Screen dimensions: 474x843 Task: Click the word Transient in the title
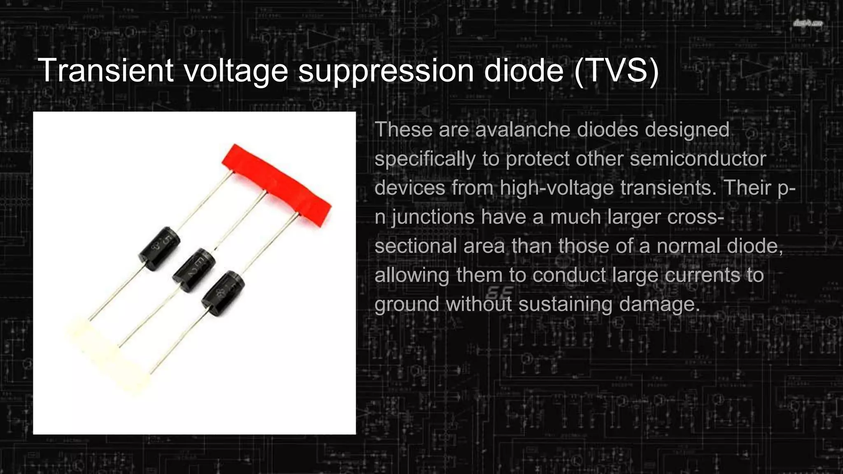click(105, 71)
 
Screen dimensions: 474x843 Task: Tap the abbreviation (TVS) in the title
click(616, 71)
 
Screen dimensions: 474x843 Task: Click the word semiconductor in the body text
click(698, 159)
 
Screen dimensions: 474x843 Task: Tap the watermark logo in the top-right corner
click(808, 24)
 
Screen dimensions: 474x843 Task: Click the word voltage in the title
click(235, 71)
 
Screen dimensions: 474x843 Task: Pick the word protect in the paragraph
click(537, 159)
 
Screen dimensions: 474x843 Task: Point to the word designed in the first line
click(687, 130)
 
